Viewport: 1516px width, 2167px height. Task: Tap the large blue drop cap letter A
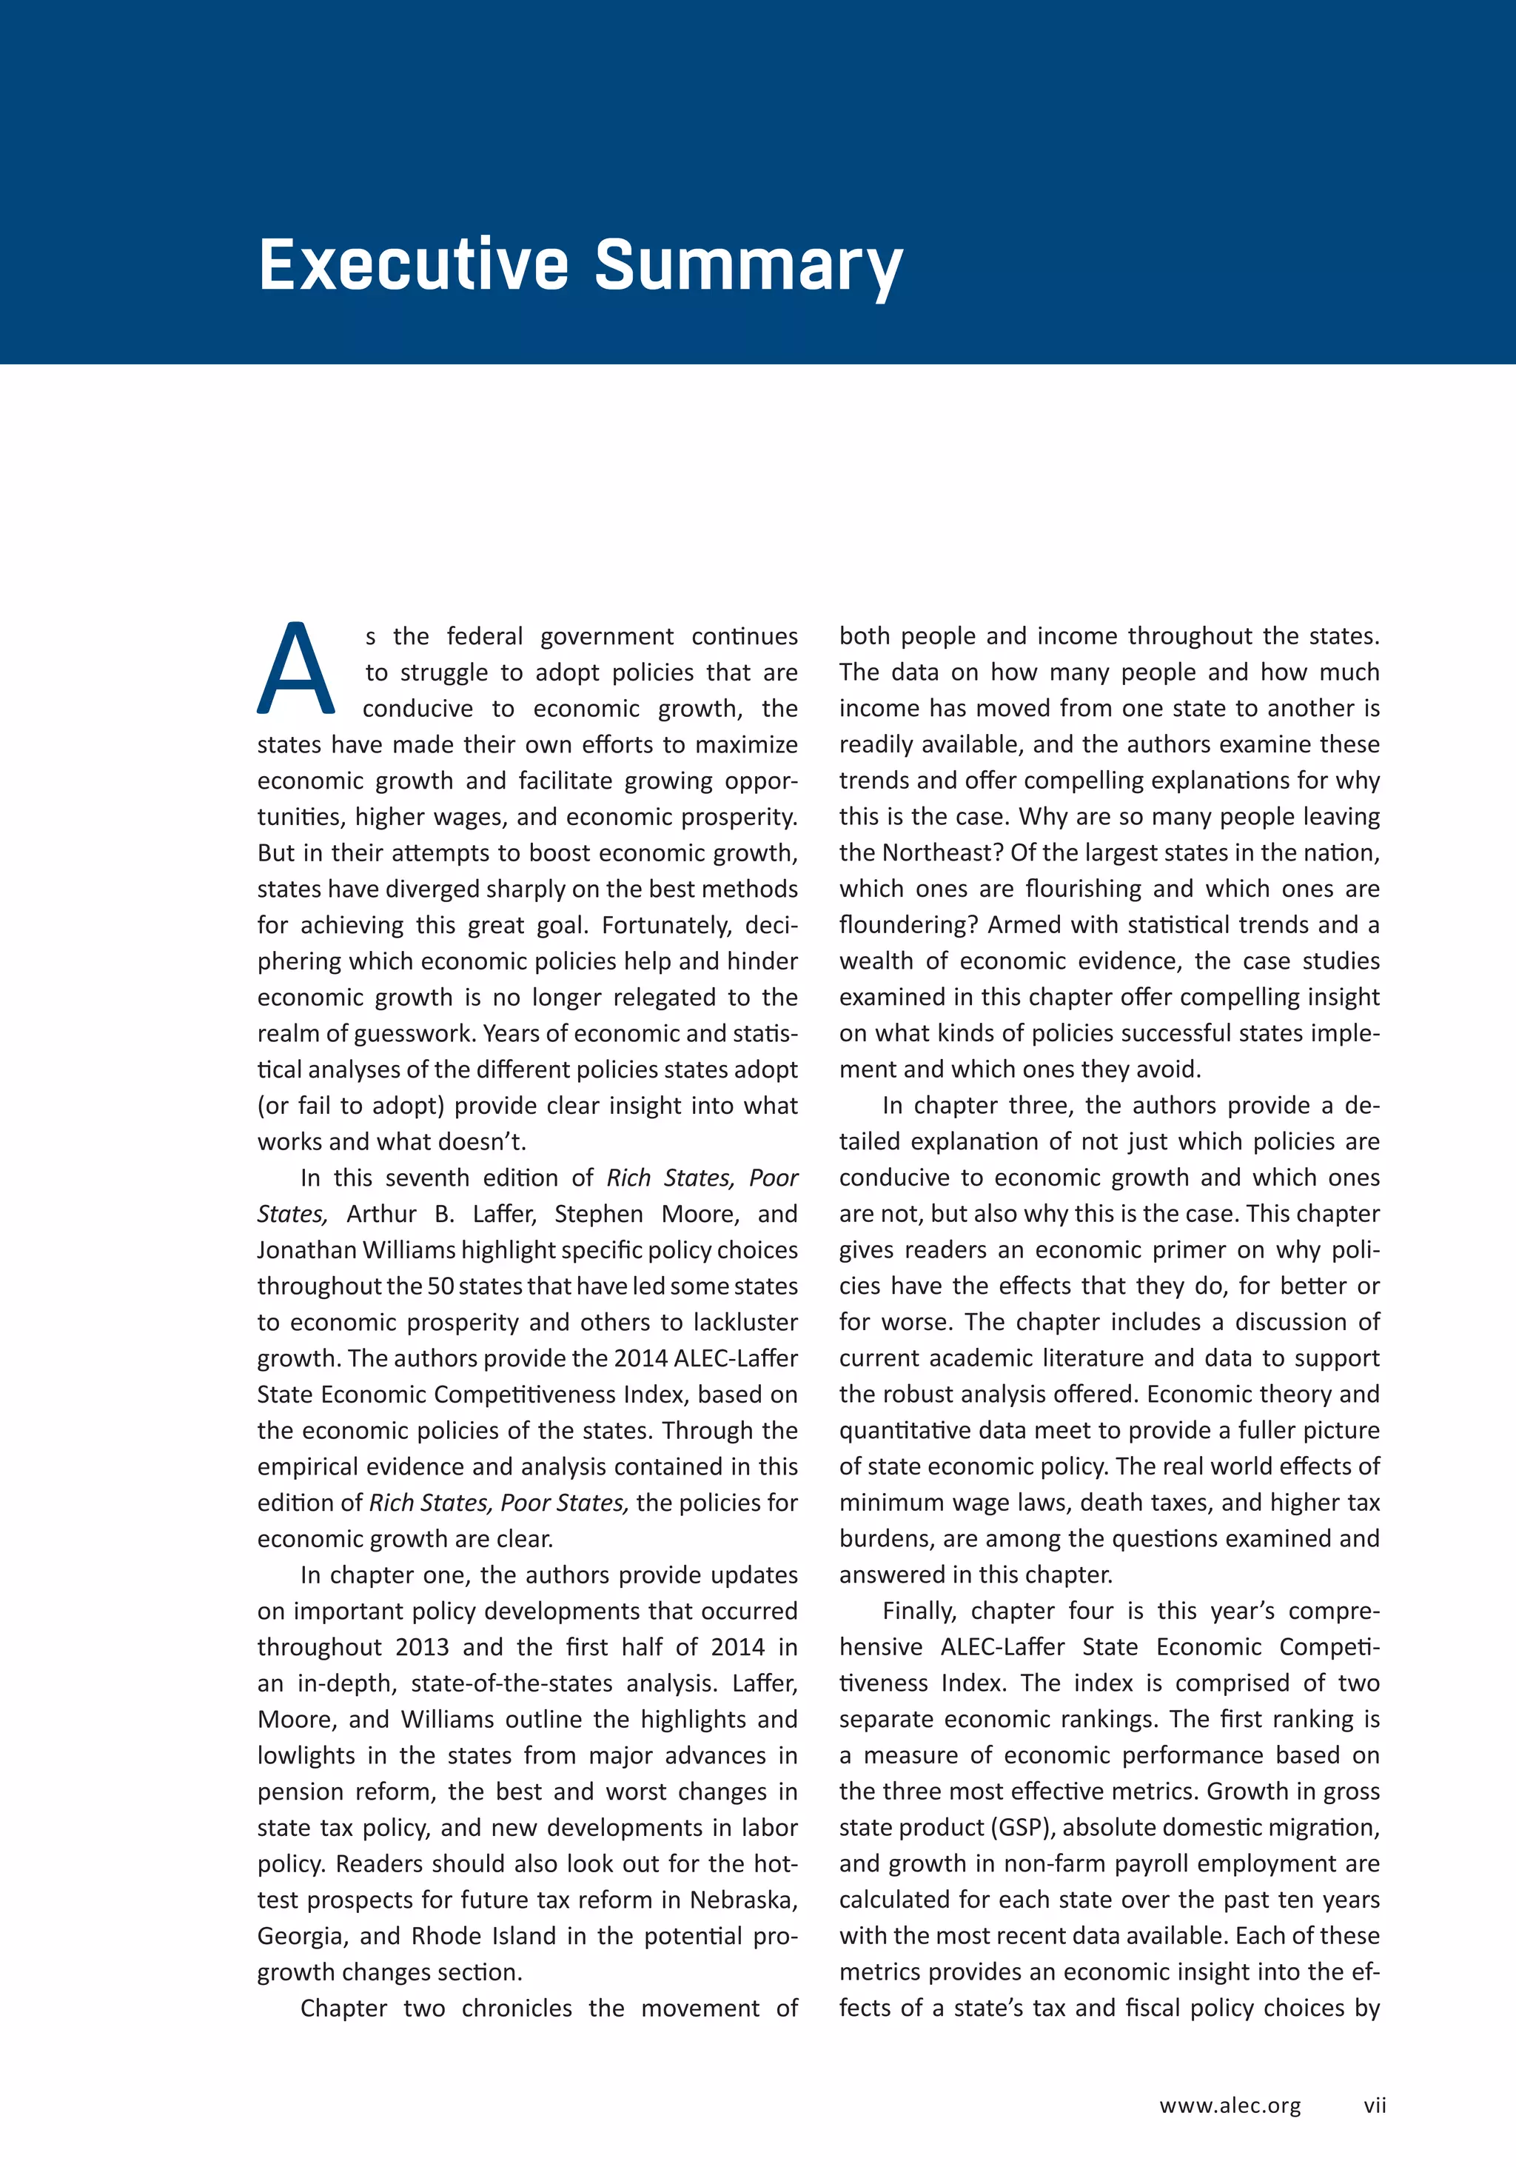click(296, 670)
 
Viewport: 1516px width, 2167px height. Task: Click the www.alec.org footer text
click(1230, 2105)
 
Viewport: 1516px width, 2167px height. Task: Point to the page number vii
click(1374, 2105)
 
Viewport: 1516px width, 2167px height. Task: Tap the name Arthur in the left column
click(381, 1214)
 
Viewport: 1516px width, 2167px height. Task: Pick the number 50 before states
click(440, 1286)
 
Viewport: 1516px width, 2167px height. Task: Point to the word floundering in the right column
click(907, 925)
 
